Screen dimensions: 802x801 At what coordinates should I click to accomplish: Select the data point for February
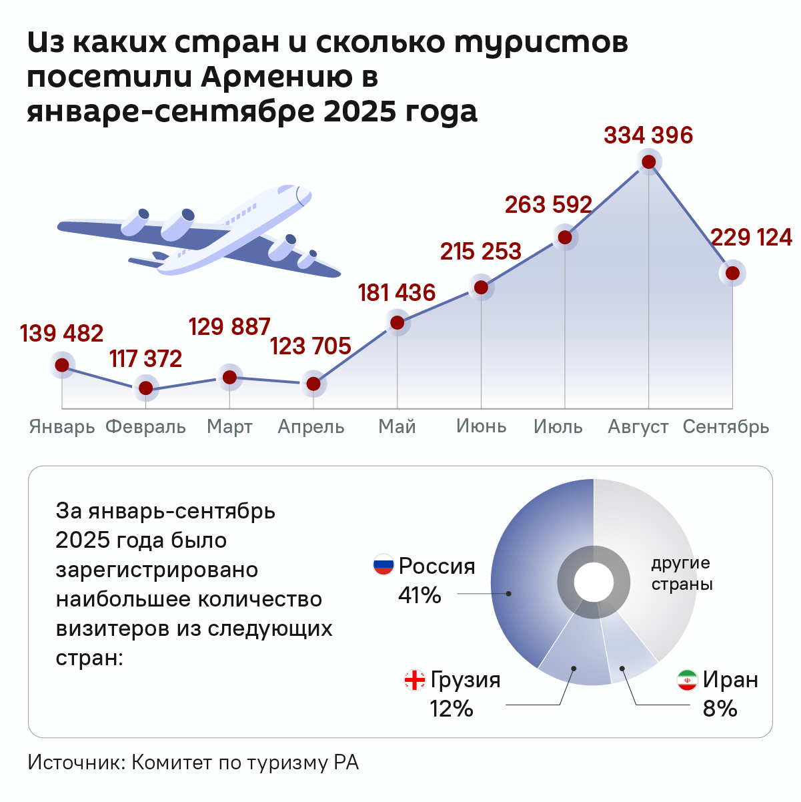click(x=145, y=388)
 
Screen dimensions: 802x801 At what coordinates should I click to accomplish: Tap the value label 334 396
click(x=648, y=135)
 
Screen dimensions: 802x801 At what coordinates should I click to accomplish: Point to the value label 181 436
click(x=397, y=293)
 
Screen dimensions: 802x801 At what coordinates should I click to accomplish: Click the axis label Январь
click(x=62, y=427)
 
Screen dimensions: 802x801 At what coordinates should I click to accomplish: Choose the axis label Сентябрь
click(x=726, y=427)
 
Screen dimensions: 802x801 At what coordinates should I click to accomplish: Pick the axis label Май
click(x=397, y=426)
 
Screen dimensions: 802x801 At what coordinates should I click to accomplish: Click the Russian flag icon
click(x=383, y=566)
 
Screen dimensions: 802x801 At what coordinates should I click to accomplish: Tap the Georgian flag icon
click(x=415, y=680)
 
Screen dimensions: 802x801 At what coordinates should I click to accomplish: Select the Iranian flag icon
click(x=687, y=680)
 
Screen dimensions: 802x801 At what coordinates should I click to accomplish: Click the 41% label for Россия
click(x=420, y=594)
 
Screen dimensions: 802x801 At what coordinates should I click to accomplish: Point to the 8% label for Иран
click(x=720, y=709)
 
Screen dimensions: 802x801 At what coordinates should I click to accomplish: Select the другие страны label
click(x=682, y=573)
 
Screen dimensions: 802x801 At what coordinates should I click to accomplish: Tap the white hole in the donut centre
click(x=594, y=580)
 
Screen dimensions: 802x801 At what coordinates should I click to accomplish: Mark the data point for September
click(x=732, y=273)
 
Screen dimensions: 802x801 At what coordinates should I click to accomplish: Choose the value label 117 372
click(x=145, y=359)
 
